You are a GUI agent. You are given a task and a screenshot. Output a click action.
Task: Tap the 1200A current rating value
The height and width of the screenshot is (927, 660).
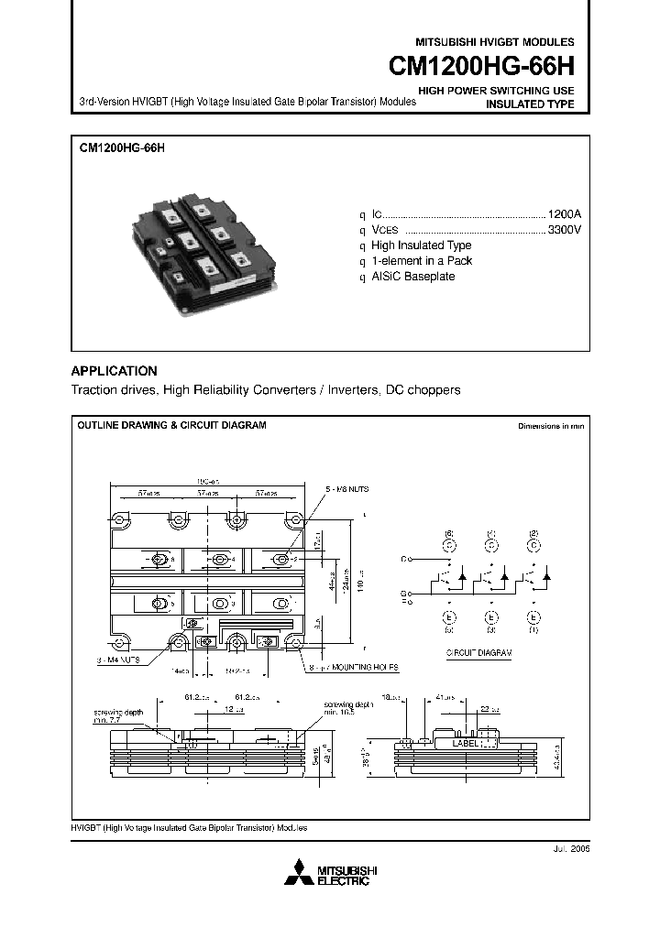tap(564, 212)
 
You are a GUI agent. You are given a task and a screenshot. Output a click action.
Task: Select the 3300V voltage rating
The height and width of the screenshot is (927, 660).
tap(564, 229)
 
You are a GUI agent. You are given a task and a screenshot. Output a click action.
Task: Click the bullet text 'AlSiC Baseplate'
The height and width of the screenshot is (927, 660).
tap(412, 277)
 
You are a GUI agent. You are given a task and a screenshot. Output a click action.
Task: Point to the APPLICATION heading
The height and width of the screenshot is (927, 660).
tap(115, 371)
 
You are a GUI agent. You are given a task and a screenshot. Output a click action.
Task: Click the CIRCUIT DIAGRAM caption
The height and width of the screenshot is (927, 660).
tap(478, 653)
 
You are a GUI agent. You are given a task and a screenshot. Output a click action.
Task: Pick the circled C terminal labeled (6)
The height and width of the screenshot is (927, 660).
tap(449, 544)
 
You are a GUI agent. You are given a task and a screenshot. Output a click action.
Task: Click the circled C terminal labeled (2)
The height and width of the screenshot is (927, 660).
tap(532, 544)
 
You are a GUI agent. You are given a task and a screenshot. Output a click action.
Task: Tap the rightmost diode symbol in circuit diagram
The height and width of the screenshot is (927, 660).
tap(546, 577)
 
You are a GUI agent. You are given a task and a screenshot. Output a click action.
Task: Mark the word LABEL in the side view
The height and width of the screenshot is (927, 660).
tap(464, 744)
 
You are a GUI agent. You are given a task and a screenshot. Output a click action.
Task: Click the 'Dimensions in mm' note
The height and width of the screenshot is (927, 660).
tap(550, 427)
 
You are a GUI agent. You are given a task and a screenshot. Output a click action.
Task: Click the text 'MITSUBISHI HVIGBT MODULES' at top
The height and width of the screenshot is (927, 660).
tap(495, 42)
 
